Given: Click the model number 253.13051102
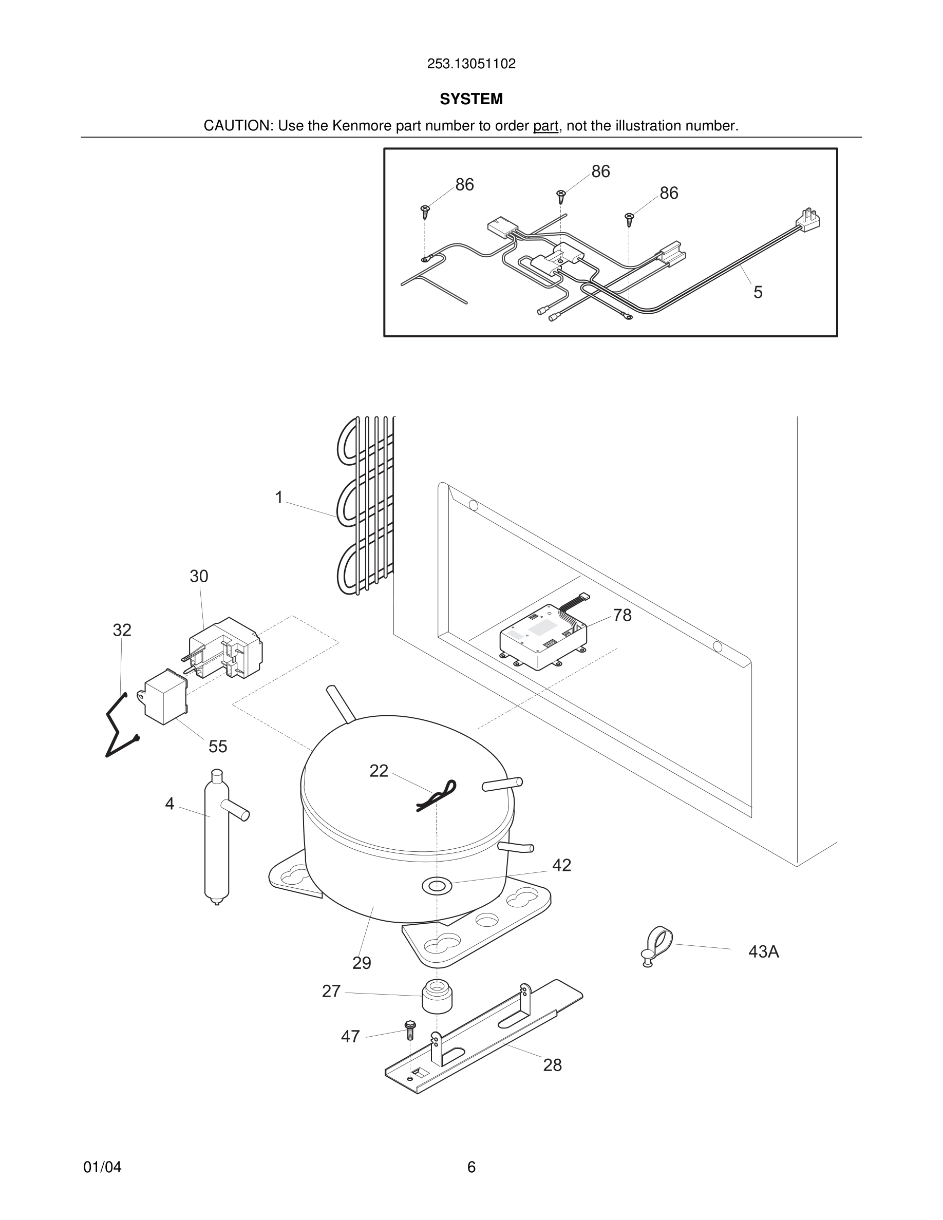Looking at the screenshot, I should (471, 64).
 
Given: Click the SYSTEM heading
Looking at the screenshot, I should (471, 99).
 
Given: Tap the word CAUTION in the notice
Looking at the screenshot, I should (237, 126).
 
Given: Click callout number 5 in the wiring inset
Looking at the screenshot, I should (758, 292).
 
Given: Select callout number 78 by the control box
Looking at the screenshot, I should (622, 615).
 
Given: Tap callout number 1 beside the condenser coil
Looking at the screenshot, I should (279, 497).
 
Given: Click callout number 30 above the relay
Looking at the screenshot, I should (199, 576).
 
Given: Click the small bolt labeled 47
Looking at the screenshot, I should (409, 1029).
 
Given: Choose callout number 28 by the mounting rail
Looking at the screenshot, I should (552, 1065).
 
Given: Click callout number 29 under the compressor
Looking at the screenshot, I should (362, 962).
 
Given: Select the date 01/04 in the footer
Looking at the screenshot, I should (102, 1167).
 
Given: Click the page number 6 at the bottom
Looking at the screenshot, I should (471, 1167).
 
